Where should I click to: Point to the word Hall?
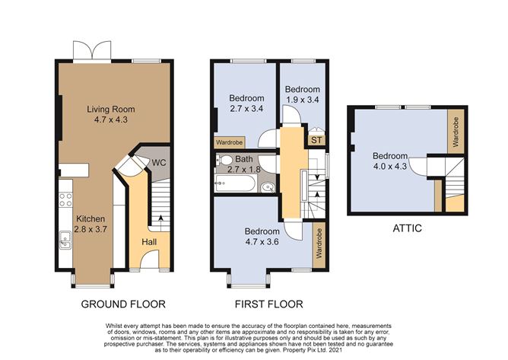point(150,241)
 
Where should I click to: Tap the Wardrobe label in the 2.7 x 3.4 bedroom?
point(230,142)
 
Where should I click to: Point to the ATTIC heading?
point(407,228)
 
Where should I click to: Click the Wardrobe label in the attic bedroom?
point(456,132)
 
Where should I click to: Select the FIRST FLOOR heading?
point(269,304)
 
